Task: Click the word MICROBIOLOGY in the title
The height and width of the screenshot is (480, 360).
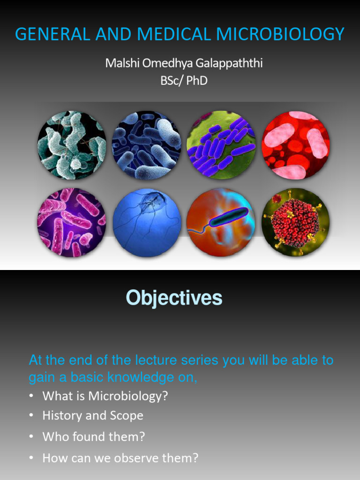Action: pos(280,34)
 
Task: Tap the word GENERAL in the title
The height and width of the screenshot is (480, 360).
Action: pos(52,34)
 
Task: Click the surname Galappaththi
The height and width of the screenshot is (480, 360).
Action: pos(229,63)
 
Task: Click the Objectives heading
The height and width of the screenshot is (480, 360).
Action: pos(174,298)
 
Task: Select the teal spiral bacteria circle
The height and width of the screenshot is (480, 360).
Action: pos(72,145)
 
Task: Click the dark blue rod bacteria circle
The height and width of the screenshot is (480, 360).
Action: pos(147,145)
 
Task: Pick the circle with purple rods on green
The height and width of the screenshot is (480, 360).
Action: pos(221,145)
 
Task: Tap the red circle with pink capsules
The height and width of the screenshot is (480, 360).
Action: pos(296,145)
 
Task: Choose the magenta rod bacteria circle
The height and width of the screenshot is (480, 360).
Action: pos(72,223)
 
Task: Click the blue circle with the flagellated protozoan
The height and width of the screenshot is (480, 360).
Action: pos(147,223)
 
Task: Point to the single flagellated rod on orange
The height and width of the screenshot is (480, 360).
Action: pos(221,223)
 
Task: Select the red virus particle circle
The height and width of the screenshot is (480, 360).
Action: pos(296,223)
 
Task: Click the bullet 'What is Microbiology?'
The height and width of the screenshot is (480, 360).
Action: pos(105,396)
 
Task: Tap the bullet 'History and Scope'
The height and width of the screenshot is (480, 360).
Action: pos(93,416)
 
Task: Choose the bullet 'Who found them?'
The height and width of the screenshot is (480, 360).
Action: pos(93,436)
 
